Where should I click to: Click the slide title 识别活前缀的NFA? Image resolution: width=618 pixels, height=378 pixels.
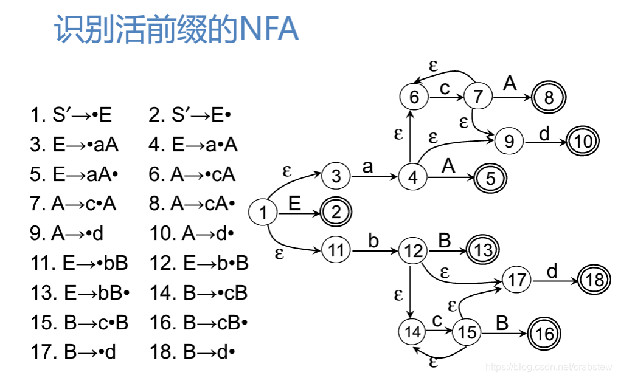[176, 30]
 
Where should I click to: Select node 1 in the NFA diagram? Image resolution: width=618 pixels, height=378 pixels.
[263, 213]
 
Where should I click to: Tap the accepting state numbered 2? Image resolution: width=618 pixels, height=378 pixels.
[336, 213]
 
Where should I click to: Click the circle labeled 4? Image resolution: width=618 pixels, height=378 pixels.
[413, 177]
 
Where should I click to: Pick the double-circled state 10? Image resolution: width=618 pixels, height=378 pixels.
[583, 142]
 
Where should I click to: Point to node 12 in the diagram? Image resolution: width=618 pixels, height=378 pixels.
[413, 250]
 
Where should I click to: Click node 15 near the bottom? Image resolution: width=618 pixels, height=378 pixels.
[467, 332]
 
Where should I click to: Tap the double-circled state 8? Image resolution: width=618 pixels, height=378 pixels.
[549, 97]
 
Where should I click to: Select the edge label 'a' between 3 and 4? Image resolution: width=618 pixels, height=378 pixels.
[367, 167]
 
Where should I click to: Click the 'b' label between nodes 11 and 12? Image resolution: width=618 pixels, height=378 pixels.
[373, 241]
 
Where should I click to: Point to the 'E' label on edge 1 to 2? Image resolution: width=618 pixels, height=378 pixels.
[294, 204]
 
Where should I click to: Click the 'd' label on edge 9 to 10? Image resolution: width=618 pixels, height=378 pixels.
[544, 133]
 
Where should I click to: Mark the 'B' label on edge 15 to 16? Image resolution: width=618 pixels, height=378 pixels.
[502, 323]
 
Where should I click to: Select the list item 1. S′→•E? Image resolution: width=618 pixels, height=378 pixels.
[71, 115]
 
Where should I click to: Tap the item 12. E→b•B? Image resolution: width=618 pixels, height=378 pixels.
[199, 263]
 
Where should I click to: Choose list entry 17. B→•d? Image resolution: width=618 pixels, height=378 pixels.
[73, 352]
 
